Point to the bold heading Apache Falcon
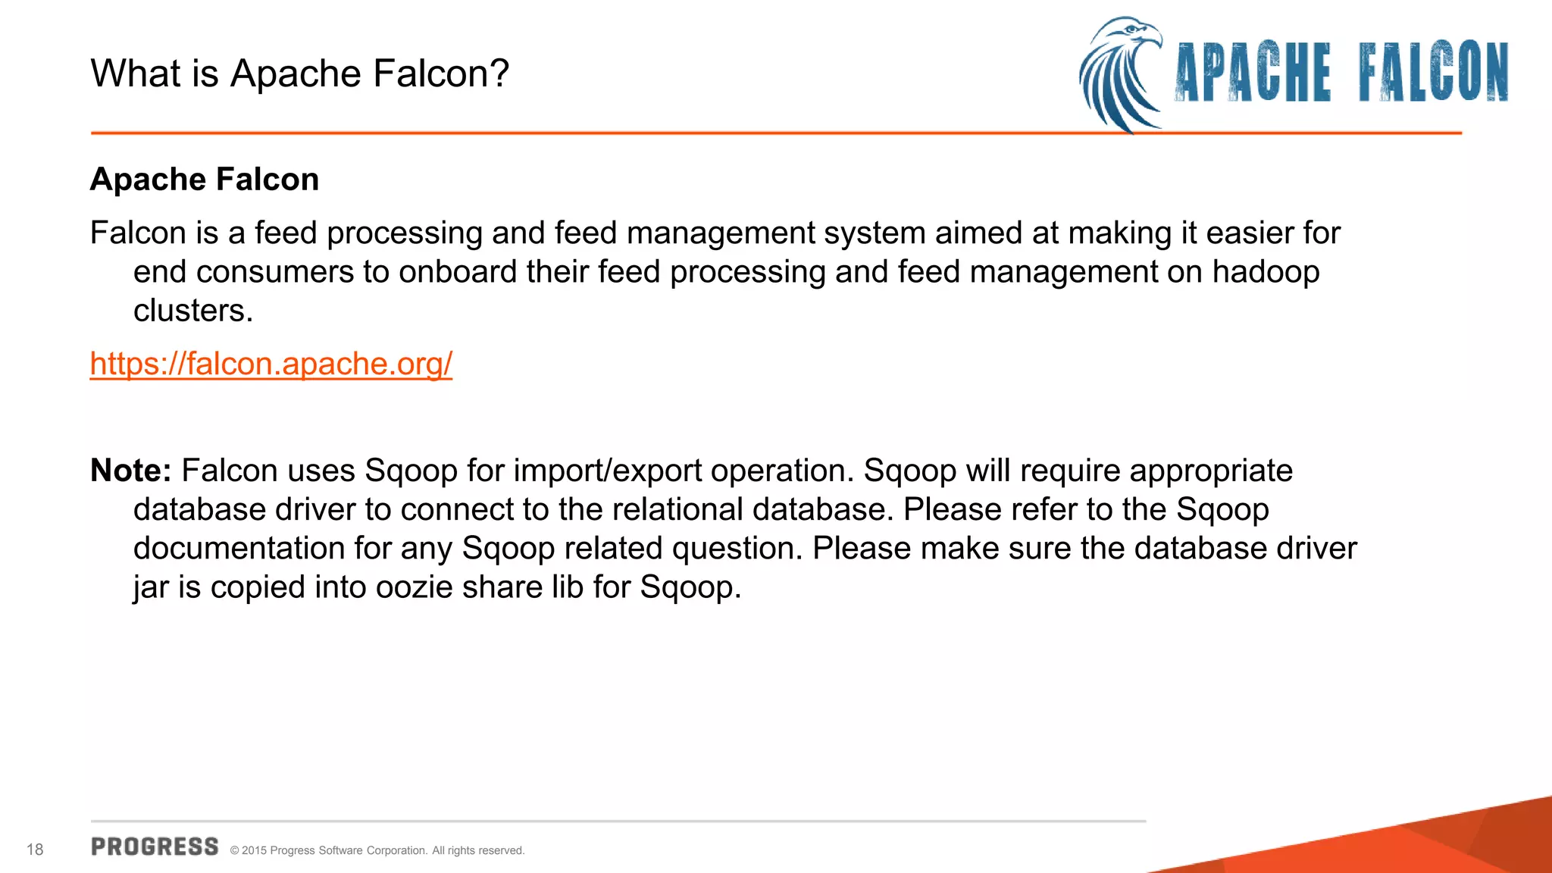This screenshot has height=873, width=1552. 205,180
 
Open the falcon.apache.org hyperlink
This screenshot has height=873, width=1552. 271,364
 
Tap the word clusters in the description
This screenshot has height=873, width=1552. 192,311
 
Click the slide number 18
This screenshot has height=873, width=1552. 35,850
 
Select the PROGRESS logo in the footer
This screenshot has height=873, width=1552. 155,846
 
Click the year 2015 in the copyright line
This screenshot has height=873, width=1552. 254,851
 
